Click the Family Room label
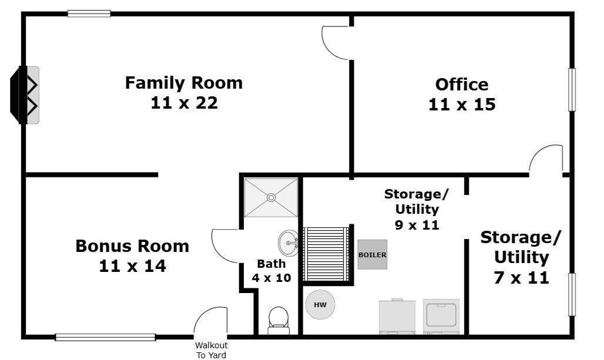coord(183,83)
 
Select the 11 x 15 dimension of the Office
coord(462,105)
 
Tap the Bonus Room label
coord(132,245)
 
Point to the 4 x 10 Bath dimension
coord(271,278)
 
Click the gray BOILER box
coord(373,254)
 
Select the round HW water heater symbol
coord(320,305)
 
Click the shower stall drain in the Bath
coord(271,198)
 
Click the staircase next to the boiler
coord(325,254)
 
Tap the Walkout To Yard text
coord(211,350)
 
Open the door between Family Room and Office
coord(337,43)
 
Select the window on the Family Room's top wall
coord(89,14)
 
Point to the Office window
coord(571,89)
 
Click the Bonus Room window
coord(106,337)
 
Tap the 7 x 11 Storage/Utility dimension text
coord(521,277)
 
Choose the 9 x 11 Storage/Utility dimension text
coord(417,224)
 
